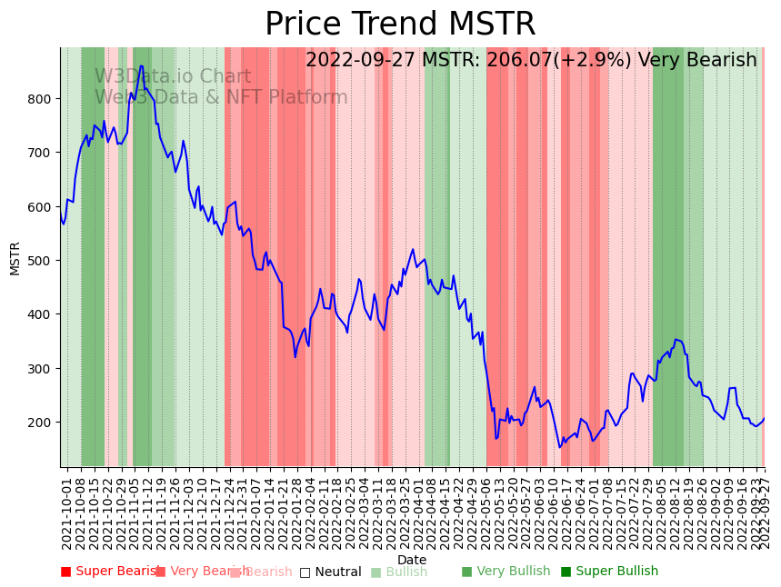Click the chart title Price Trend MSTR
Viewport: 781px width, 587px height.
(400, 25)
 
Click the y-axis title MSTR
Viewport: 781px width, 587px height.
(15, 258)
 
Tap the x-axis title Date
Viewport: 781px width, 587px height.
(412, 560)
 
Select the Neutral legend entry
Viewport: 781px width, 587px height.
(331, 572)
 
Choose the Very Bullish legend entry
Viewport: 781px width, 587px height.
(506, 572)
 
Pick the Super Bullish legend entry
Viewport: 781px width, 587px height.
(609, 572)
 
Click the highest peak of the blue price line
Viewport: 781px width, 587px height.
(141, 65)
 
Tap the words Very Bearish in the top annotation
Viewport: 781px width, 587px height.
(697, 61)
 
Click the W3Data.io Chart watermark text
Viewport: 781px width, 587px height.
(173, 77)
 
